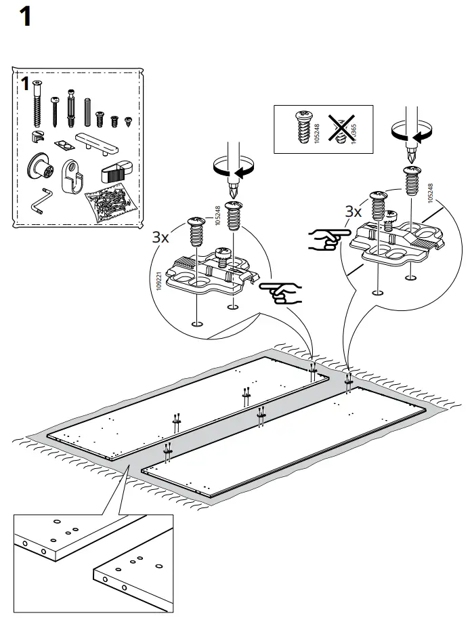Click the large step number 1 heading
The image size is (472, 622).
click(25, 17)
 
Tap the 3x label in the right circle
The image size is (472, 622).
click(353, 212)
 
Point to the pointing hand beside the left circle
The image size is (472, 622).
click(281, 293)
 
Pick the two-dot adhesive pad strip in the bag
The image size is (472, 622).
click(64, 144)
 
